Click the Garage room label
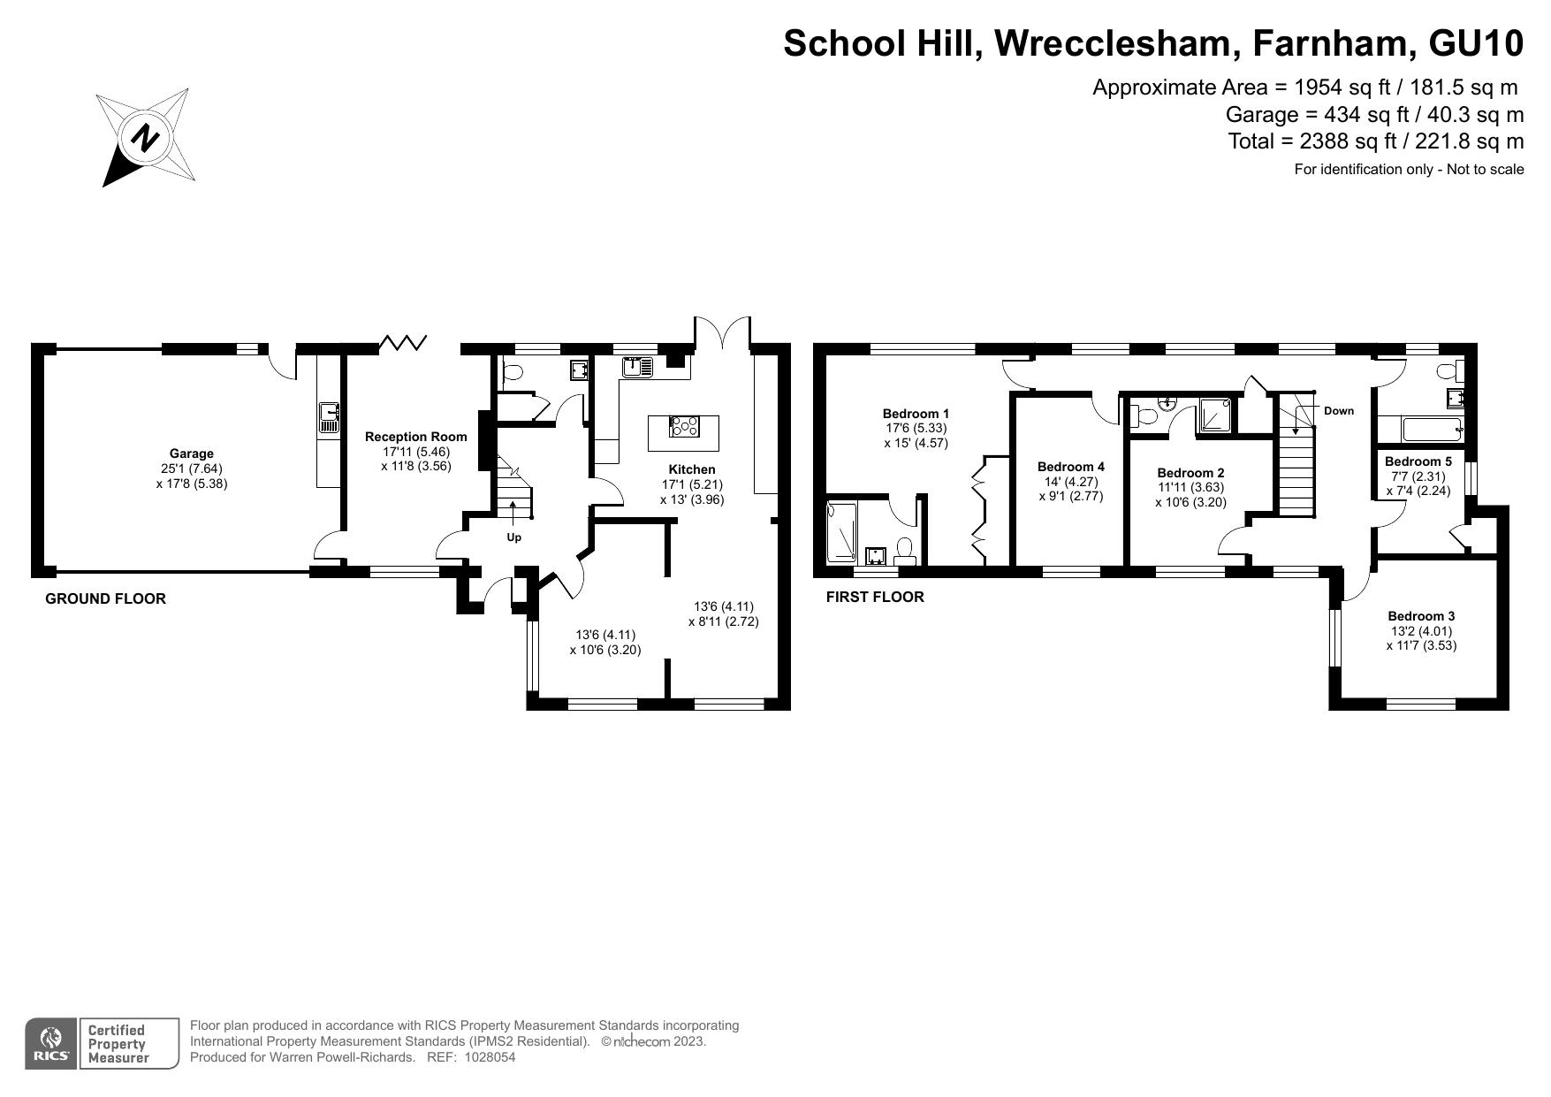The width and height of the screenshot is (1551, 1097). click(x=192, y=453)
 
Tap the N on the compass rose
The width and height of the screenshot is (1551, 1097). click(x=145, y=138)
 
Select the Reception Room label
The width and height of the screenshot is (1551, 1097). click(x=415, y=437)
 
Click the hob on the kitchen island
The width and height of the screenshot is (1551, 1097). click(x=683, y=427)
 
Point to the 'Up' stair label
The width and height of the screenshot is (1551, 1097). click(x=513, y=537)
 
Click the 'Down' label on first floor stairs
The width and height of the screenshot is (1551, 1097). click(x=1338, y=411)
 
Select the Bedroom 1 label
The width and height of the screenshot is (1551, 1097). click(x=916, y=413)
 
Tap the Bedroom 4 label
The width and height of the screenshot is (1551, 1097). click(x=1070, y=467)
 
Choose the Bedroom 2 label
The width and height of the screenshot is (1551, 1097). click(x=1190, y=473)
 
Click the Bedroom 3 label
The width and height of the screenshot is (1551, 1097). click(x=1420, y=616)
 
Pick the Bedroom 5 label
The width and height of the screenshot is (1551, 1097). click(x=1418, y=461)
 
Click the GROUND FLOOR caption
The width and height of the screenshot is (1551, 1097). click(x=105, y=598)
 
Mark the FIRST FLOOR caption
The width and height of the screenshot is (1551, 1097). click(x=874, y=597)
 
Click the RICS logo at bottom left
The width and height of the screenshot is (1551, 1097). click(x=51, y=1043)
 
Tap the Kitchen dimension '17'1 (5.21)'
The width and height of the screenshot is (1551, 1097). click(x=692, y=484)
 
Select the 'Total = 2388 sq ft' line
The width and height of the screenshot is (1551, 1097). click(x=1375, y=141)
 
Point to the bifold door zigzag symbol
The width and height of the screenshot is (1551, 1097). click(x=404, y=342)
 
